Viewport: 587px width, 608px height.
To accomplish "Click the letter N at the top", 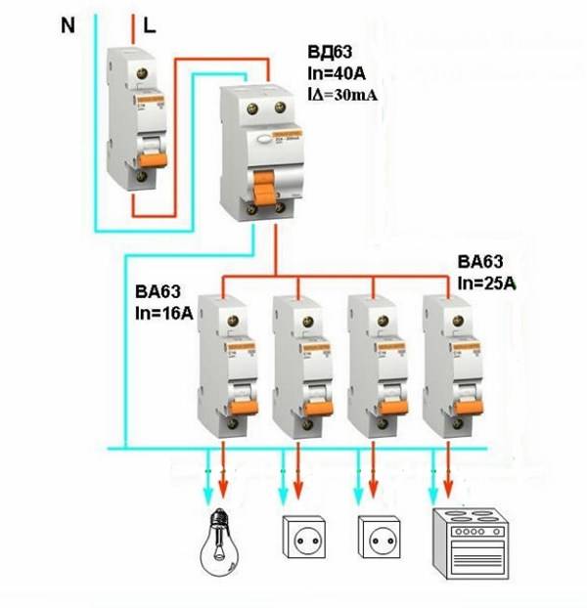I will pyautogui.click(x=68, y=25).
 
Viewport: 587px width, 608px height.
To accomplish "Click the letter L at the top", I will pyautogui.click(x=150, y=25).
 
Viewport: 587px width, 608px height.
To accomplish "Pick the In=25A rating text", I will pyautogui.click(x=490, y=282).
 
